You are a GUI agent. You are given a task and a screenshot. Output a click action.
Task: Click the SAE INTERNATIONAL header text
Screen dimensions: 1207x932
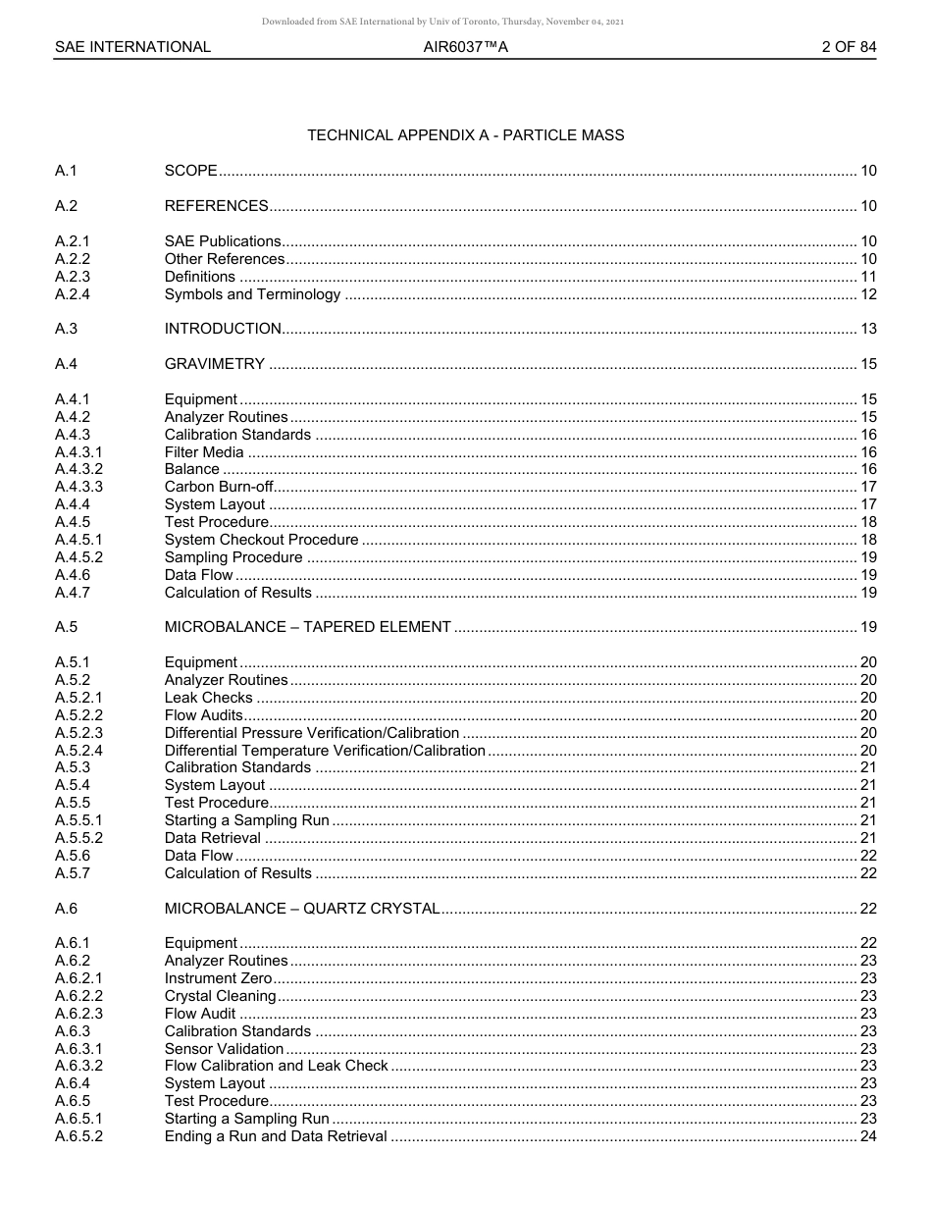pyautogui.click(x=132, y=46)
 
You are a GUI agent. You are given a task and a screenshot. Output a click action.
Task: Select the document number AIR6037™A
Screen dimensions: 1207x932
pyautogui.click(x=465, y=46)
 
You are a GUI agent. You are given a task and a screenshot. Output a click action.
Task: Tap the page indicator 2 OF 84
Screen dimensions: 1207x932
pyautogui.click(x=849, y=46)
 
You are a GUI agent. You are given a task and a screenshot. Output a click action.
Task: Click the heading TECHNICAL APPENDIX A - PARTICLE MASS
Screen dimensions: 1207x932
pyautogui.click(x=465, y=135)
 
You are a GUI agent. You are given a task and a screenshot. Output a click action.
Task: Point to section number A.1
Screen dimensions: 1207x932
pyautogui.click(x=66, y=171)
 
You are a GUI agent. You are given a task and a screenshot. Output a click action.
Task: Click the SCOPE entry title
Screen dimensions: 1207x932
pyautogui.click(x=190, y=171)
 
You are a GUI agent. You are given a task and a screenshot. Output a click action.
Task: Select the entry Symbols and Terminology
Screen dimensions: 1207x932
pyautogui.click(x=252, y=294)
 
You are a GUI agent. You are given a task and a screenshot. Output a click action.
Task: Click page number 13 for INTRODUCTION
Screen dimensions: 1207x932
pyautogui.click(x=867, y=329)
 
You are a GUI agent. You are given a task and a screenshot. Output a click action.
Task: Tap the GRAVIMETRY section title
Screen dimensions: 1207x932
pyautogui.click(x=214, y=364)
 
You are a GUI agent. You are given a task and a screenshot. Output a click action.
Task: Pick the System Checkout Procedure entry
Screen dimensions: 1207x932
pyautogui.click(x=261, y=540)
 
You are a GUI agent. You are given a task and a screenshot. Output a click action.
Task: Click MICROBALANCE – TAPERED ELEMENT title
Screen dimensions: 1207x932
pyautogui.click(x=307, y=627)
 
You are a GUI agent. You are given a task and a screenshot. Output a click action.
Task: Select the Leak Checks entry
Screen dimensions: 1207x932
pyautogui.click(x=208, y=698)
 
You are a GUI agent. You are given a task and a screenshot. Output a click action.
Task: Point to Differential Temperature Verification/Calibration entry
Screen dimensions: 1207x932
pyautogui.click(x=324, y=751)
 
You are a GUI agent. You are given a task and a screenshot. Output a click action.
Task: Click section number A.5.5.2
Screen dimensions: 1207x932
pyautogui.click(x=78, y=838)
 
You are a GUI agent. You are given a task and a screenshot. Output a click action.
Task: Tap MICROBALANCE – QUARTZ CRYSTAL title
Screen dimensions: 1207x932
pyautogui.click(x=301, y=909)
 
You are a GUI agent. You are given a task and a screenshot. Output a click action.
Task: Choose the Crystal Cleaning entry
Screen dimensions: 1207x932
pyautogui.click(x=220, y=996)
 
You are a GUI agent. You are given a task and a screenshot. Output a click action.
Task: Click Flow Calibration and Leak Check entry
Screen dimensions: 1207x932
pyautogui.click(x=276, y=1066)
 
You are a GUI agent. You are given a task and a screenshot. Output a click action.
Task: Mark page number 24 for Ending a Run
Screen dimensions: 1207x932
pyautogui.click(x=867, y=1136)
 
